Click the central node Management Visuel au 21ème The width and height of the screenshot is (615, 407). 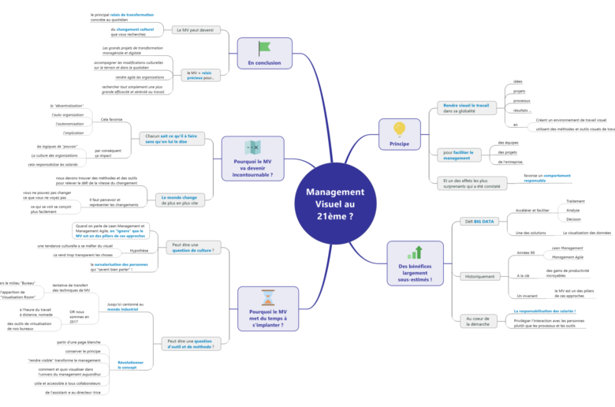point(334,203)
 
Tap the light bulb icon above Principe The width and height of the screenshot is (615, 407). point(399,128)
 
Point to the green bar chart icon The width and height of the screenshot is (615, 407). point(415,252)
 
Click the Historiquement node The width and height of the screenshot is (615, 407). point(479,276)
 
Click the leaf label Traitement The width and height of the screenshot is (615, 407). point(574,201)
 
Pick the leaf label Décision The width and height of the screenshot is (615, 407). point(573,219)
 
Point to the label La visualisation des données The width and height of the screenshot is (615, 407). point(587,233)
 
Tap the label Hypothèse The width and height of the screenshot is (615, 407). point(139,251)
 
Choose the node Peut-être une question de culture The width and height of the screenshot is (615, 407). point(192,248)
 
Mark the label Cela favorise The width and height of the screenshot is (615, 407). point(111,120)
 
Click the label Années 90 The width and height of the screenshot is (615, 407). point(525,252)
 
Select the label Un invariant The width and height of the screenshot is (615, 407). point(527,295)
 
